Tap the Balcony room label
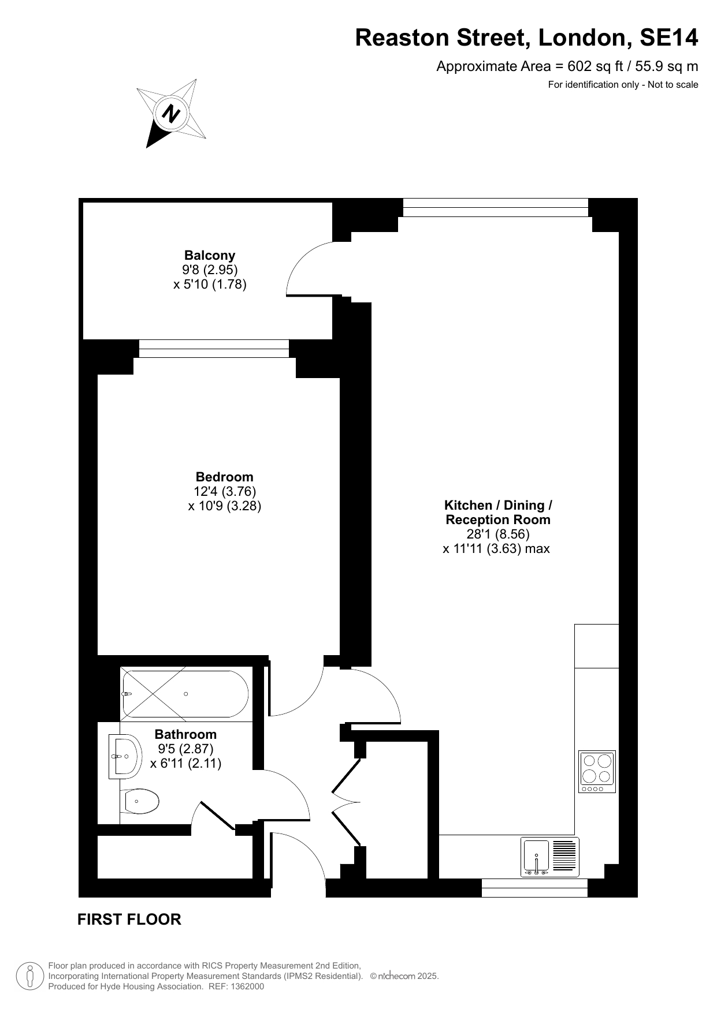210,255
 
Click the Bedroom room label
224,477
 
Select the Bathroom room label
185,734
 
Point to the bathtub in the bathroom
185,694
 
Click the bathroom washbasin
125,757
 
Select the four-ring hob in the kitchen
597,772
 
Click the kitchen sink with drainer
550,857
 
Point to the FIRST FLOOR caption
129,919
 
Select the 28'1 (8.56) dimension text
498,534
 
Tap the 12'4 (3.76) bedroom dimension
225,491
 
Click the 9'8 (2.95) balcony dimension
210,270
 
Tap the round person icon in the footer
31,976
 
